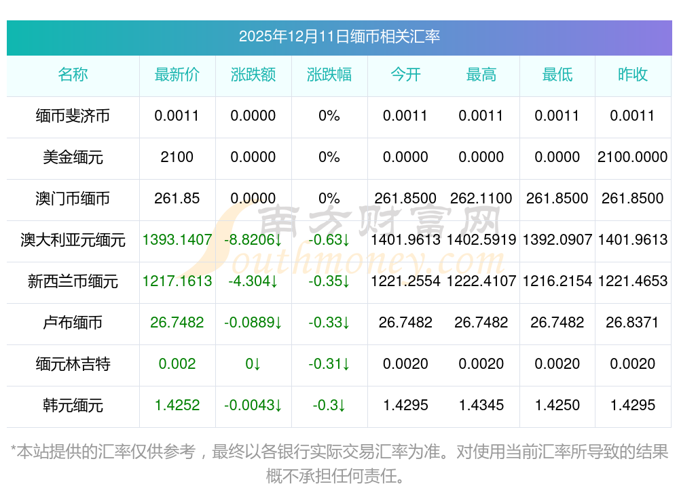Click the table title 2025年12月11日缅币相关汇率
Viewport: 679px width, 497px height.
[339, 36]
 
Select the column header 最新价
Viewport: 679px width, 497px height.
[177, 75]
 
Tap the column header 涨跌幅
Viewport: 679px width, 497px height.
[329, 75]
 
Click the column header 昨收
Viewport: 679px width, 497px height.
[632, 75]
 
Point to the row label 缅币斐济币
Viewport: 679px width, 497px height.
[73, 116]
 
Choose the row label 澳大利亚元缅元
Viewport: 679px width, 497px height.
[73, 240]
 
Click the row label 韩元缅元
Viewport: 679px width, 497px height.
[73, 405]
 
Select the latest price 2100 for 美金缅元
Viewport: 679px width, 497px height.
[177, 157]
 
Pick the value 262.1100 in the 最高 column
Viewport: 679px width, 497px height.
[481, 199]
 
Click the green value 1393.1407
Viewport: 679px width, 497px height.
[177, 240]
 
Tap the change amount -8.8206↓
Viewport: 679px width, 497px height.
[253, 240]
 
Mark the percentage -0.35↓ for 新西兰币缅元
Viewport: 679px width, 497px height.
[329, 281]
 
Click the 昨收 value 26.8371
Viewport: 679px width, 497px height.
[632, 323]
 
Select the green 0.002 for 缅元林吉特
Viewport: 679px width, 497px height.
[177, 364]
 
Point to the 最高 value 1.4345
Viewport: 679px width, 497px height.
[481, 405]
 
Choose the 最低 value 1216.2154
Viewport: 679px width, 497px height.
[557, 281]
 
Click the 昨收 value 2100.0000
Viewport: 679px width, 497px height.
[632, 157]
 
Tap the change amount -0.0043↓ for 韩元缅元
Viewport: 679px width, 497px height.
[253, 405]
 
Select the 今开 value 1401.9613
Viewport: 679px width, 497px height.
[405, 240]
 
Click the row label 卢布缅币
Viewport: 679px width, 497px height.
[73, 323]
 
